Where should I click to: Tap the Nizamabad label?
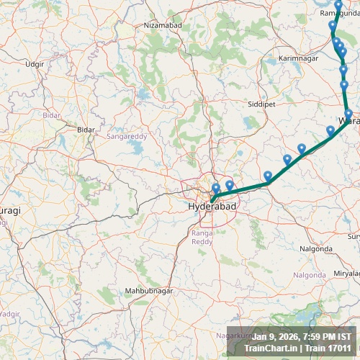(x=163, y=25)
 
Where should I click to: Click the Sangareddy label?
(x=127, y=135)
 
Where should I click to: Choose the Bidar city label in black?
(x=86, y=129)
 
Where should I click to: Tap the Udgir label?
(x=35, y=64)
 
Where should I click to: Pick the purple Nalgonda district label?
(x=309, y=274)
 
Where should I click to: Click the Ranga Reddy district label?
(x=202, y=238)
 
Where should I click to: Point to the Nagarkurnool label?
(x=238, y=336)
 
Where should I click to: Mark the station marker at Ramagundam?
(x=338, y=6)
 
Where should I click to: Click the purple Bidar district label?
(x=51, y=114)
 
